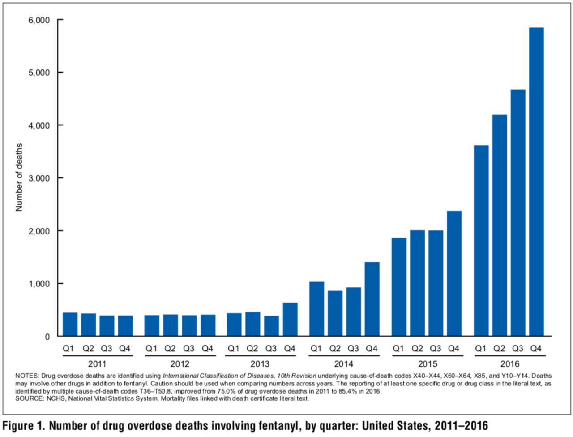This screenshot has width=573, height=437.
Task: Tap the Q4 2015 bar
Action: [x=454, y=273]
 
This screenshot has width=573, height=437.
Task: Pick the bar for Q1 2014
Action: [x=316, y=309]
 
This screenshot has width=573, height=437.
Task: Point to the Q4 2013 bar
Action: [x=290, y=319]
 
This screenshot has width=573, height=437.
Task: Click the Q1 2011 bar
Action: [x=70, y=324]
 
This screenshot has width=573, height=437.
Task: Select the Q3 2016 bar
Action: [x=518, y=213]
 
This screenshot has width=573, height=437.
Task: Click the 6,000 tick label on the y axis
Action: [x=39, y=20]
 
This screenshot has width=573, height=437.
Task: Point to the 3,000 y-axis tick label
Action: [x=39, y=178]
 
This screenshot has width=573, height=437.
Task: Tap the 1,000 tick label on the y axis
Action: [x=39, y=284]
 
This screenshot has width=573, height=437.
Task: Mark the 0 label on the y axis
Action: [x=47, y=337]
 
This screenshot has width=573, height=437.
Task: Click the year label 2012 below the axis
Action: [x=180, y=364]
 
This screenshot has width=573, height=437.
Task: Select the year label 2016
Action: [x=509, y=364]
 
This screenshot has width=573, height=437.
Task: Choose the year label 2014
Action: [x=343, y=364]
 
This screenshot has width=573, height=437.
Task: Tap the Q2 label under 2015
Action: [x=417, y=349]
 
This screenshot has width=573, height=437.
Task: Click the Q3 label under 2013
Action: [x=271, y=349]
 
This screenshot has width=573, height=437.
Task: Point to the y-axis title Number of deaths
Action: [x=19, y=177]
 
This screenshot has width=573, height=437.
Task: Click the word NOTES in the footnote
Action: [x=27, y=376]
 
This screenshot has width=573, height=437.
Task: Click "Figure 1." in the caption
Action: [x=24, y=425]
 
